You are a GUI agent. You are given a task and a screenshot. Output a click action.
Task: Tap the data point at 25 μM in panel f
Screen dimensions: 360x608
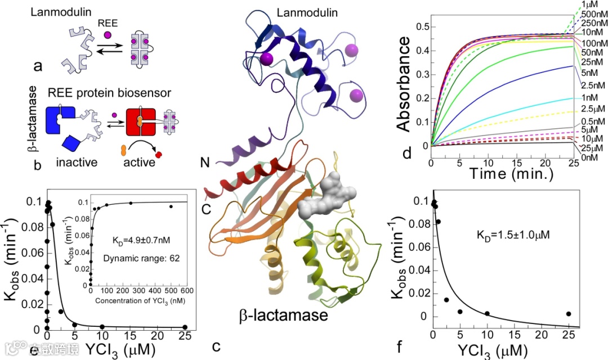pyautogui.click(x=569, y=314)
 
